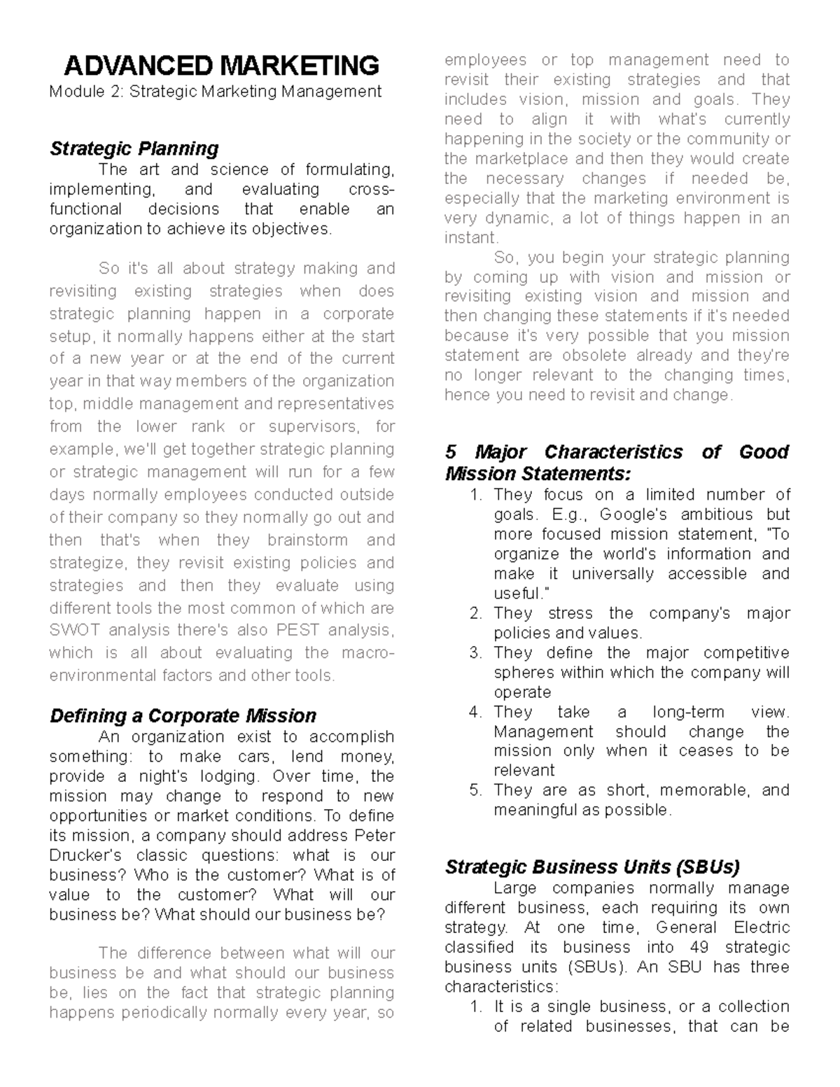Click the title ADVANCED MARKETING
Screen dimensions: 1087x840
pos(221,66)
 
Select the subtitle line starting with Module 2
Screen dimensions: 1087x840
pos(216,92)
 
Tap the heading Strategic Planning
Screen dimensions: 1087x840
pos(134,148)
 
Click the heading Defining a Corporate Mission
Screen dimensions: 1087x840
pos(183,715)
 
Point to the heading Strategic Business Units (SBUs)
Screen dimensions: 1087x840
pos(592,867)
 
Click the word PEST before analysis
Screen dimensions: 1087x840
pos(298,630)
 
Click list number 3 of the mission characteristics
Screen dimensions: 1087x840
pos(476,653)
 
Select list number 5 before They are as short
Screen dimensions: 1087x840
pos(476,790)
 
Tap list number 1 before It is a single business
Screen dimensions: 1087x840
pos(476,1007)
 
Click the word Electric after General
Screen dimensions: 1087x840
pos(762,927)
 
